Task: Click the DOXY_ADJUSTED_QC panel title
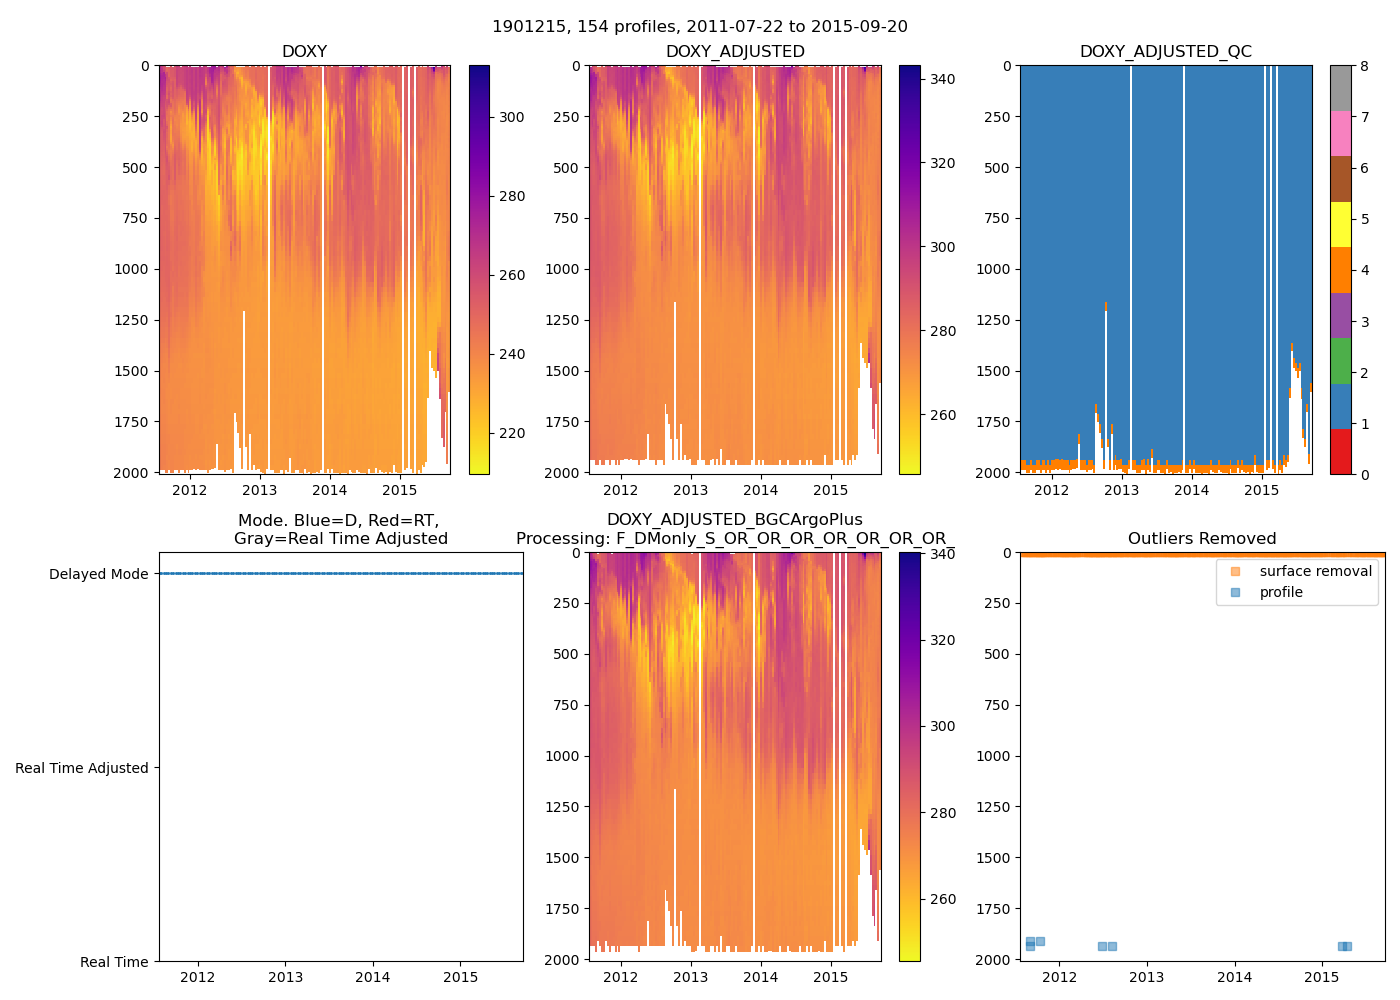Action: tap(1165, 52)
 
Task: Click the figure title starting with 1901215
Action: tap(700, 27)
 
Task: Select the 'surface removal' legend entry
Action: tap(1315, 571)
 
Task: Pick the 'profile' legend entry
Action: tap(1281, 592)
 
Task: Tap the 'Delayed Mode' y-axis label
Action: tap(98, 574)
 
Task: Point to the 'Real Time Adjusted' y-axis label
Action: tap(82, 768)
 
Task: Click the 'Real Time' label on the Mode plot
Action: tap(114, 962)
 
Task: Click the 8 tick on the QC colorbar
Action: tap(1364, 66)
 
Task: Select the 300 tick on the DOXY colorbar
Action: tap(512, 117)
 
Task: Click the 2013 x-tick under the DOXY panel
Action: tap(260, 490)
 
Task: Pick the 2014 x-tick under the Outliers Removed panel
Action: tap(1234, 977)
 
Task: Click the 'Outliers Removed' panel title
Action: tap(1202, 539)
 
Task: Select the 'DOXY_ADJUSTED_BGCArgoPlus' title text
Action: tap(734, 520)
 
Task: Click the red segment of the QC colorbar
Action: tap(1340, 452)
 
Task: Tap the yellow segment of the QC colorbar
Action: tap(1340, 225)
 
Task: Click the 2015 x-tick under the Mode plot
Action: tap(460, 977)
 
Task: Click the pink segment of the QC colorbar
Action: tap(1340, 133)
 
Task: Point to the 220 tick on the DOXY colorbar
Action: tap(512, 433)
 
